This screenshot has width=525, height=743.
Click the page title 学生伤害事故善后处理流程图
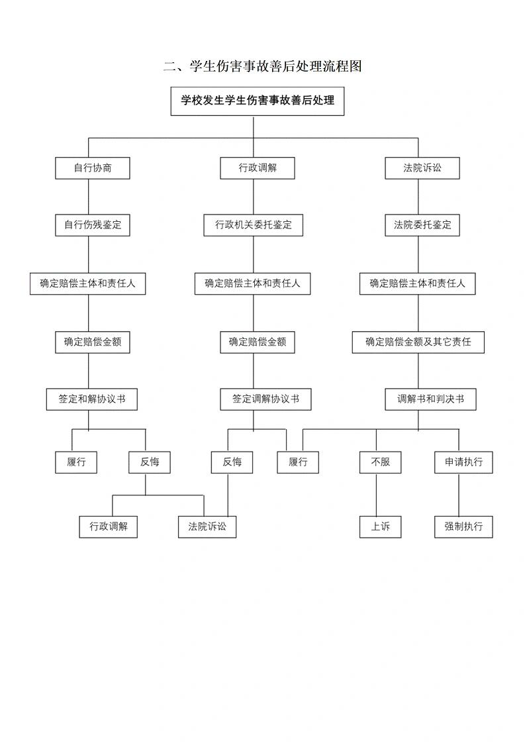263,66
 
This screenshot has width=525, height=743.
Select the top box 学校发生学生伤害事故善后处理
258,101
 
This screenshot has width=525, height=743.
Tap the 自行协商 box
93,168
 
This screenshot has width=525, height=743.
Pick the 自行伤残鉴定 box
93,225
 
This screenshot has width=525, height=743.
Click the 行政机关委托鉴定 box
254,225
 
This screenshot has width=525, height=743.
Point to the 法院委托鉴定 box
422,225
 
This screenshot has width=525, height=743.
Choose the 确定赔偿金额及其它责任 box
418,342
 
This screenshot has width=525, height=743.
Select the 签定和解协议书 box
93,399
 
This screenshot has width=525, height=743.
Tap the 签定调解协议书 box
265,399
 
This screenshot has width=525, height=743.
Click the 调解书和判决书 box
430,399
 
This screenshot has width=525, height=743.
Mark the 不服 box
381,462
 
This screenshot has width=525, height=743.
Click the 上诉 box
381,527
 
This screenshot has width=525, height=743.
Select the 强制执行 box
463,527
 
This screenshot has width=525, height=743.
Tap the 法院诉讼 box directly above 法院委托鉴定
422,168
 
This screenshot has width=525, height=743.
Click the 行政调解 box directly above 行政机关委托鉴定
258,168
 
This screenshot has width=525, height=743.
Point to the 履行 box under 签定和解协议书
76,462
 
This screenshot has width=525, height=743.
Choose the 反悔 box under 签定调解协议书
232,462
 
